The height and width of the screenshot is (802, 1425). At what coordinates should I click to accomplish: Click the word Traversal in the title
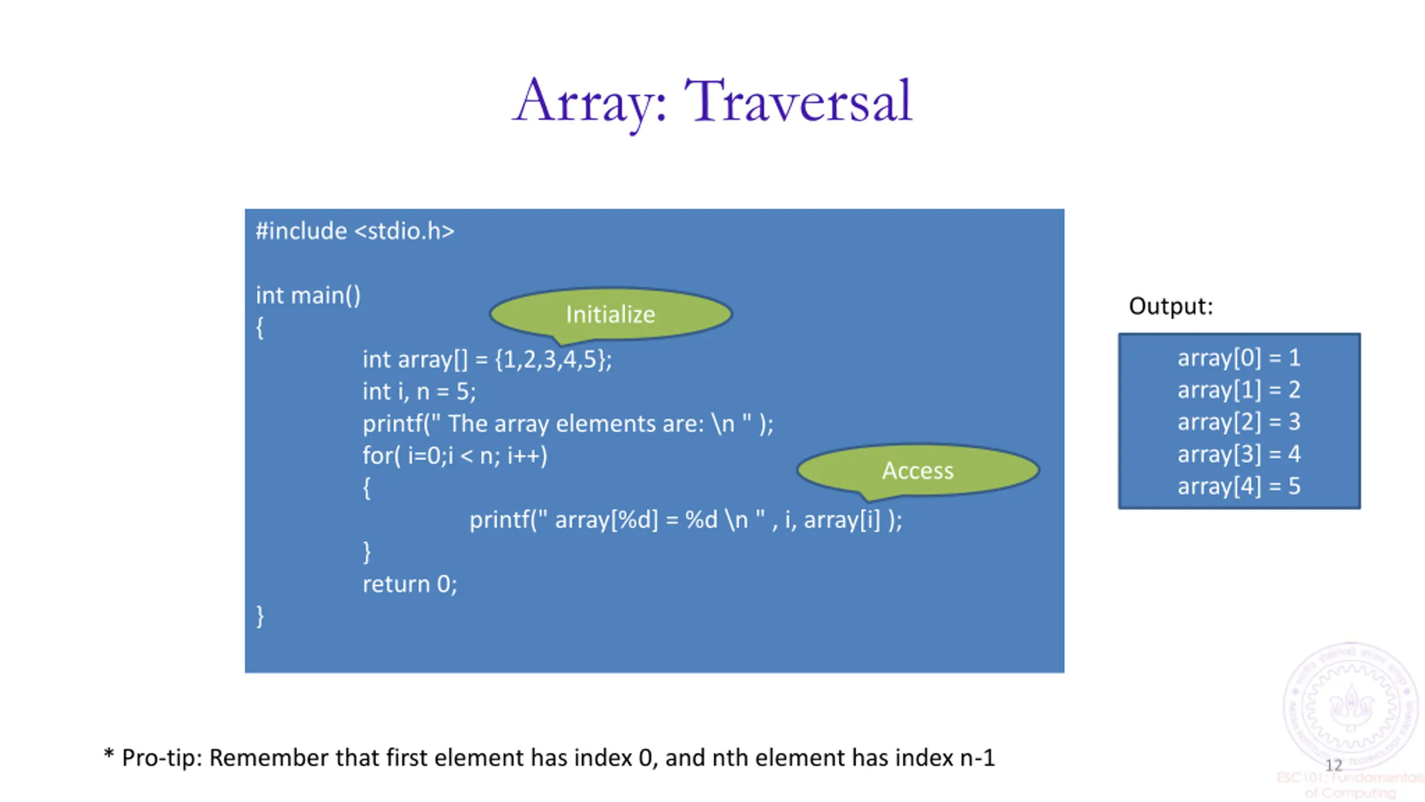pyautogui.click(x=799, y=101)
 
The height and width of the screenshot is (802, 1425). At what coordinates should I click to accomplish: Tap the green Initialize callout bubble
pyautogui.click(x=611, y=314)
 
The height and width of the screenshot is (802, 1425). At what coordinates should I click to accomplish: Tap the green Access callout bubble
pyautogui.click(x=918, y=471)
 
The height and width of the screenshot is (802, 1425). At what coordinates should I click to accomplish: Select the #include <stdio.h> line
pyautogui.click(x=355, y=231)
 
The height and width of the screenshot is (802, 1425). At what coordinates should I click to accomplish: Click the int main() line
pyautogui.click(x=308, y=295)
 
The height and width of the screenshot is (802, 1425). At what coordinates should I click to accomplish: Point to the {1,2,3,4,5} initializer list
pyautogui.click(x=553, y=360)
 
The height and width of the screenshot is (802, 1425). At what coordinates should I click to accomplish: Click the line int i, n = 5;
pyautogui.click(x=419, y=392)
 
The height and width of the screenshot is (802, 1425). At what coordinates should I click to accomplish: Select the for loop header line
pyautogui.click(x=455, y=456)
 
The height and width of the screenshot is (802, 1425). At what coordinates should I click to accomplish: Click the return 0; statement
pyautogui.click(x=410, y=584)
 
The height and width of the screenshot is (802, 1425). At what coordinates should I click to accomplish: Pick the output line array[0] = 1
pyautogui.click(x=1239, y=358)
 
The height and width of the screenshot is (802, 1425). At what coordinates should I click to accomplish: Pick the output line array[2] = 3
pyautogui.click(x=1239, y=422)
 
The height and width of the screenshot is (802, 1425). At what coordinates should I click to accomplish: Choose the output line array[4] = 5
pyautogui.click(x=1239, y=486)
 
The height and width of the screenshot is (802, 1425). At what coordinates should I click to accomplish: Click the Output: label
pyautogui.click(x=1171, y=306)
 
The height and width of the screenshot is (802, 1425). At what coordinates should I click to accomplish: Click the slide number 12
pyautogui.click(x=1334, y=765)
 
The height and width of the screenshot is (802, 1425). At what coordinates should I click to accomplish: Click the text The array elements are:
pyautogui.click(x=576, y=424)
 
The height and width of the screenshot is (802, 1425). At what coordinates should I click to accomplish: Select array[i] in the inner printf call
pyautogui.click(x=842, y=520)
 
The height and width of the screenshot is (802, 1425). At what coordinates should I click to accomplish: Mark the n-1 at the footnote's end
pyautogui.click(x=977, y=758)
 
